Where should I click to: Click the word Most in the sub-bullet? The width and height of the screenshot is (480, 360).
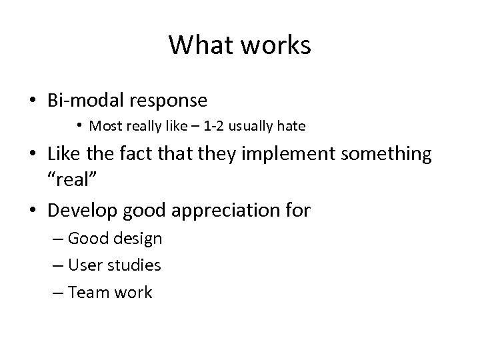coord(105,125)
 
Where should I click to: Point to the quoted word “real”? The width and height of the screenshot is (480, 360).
coord(73,181)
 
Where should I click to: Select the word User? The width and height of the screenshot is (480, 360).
coord(83,265)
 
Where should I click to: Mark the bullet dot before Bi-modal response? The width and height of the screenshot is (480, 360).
coord(33,101)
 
